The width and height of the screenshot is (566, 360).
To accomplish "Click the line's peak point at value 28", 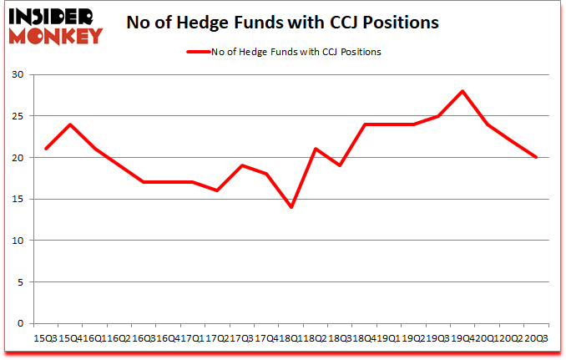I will point(462,91).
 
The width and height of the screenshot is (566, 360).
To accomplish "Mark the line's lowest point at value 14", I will point(291,207).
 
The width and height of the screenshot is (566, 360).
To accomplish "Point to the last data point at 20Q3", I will point(535,157).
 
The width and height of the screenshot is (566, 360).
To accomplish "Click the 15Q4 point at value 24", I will point(70,124).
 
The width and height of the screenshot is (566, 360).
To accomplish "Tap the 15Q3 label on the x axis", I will point(45,337).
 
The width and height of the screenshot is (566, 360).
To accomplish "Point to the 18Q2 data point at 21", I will point(316,149).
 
